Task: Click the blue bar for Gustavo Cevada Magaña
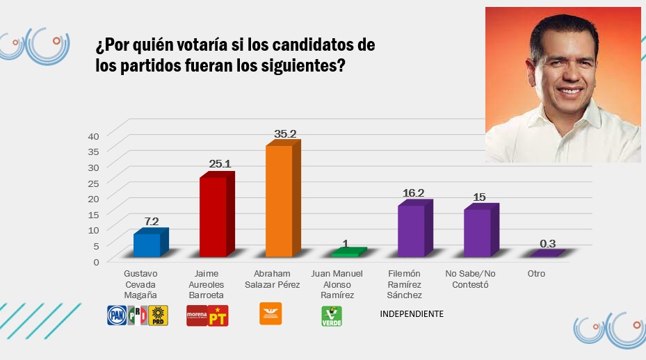[147, 245]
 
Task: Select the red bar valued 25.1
[213, 216]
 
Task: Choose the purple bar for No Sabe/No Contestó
[477, 232]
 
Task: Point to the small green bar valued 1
[345, 254]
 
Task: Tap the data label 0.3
[547, 244]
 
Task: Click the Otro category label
[536, 274]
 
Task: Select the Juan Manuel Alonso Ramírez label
[337, 284]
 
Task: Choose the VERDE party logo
[331, 316]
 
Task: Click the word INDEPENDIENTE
[412, 314]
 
